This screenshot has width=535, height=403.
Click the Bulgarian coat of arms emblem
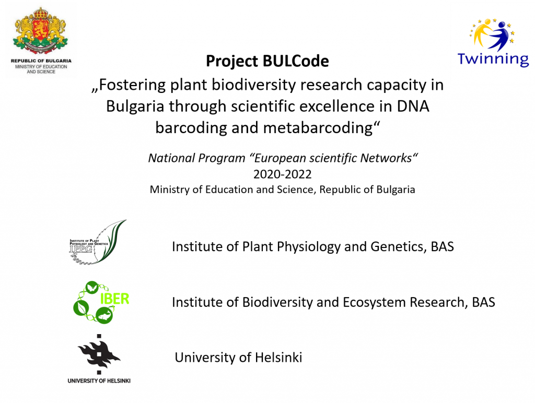coord(40,31)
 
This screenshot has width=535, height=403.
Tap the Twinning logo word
coord(493,59)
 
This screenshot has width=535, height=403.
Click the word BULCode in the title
coord(296,61)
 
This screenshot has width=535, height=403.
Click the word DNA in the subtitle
coord(413,106)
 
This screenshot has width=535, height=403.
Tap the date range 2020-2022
coord(283,174)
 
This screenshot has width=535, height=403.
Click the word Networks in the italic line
coord(389,158)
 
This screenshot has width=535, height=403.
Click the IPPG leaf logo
coord(98,242)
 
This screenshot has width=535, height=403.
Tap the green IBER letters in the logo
coord(114,299)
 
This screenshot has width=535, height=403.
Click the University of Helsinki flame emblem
coord(99,354)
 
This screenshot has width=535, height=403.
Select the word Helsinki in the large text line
coord(278,358)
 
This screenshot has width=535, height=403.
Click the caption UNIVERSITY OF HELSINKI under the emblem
coord(99,381)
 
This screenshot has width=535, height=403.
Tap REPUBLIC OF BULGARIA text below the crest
coord(41,61)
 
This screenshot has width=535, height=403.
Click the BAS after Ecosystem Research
coord(483,302)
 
